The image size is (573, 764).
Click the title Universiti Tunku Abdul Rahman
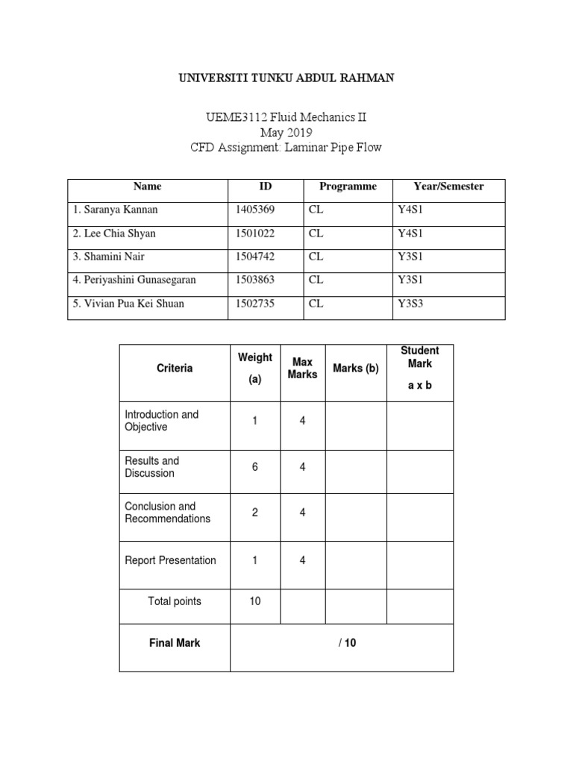[286, 78]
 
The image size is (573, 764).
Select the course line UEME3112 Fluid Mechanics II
[286, 118]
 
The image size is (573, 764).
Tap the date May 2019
[286, 133]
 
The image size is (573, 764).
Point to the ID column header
[265, 187]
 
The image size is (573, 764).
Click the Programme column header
[348, 187]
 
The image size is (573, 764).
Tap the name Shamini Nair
[109, 257]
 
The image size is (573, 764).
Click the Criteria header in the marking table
[175, 368]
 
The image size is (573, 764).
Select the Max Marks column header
[302, 368]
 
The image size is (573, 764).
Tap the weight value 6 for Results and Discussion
[255, 467]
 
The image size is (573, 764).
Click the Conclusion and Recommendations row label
[167, 513]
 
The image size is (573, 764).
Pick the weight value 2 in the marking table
[255, 513]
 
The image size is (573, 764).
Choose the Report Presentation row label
[170, 560]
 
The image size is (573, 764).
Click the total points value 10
[255, 601]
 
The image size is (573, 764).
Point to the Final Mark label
[175, 643]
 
